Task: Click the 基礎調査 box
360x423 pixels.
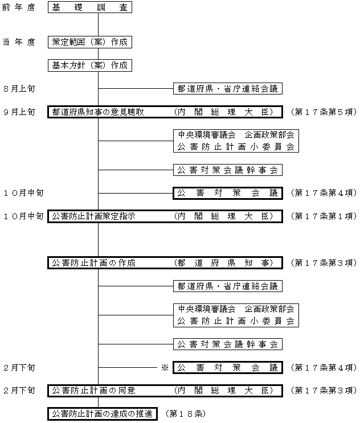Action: tap(90, 7)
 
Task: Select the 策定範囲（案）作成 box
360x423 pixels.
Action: tap(90, 42)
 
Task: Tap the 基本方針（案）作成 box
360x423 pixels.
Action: tap(90, 65)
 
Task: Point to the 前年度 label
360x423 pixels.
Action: tap(19, 7)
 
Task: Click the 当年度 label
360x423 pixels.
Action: tap(19, 42)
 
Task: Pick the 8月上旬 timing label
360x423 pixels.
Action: tap(19, 89)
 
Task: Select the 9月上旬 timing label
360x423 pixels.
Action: tap(19, 112)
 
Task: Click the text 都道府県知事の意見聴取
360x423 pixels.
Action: tap(98, 112)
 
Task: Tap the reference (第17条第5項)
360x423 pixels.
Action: tap(324, 112)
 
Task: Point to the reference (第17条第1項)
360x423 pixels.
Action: tap(324, 216)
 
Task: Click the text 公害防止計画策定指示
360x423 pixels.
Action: tap(93, 216)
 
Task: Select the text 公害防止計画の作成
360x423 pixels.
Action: tap(93, 263)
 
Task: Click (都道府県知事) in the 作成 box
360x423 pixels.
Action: tap(224, 263)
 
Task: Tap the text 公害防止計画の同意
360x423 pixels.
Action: tap(93, 391)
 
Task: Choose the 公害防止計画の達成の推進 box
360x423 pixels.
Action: tap(103, 414)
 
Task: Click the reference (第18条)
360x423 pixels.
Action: tap(186, 414)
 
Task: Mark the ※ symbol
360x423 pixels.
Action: tap(165, 367)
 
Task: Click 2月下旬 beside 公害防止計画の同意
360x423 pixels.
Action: tap(19, 391)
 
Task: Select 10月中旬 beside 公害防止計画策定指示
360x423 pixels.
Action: tap(23, 216)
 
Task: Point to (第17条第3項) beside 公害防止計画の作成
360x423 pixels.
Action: tap(324, 263)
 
